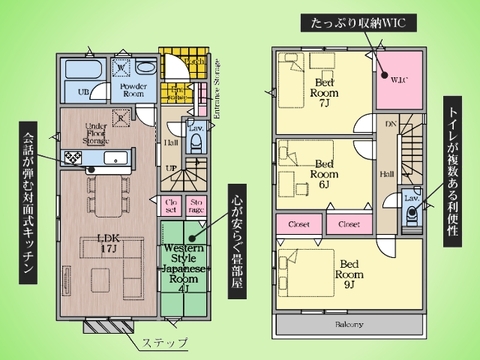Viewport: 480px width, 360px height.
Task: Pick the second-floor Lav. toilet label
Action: coord(411,198)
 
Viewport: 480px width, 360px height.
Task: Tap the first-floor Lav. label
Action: coord(196,130)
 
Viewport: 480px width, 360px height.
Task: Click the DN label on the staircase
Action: coord(390,126)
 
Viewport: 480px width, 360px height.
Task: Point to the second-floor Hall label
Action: coord(385,176)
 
